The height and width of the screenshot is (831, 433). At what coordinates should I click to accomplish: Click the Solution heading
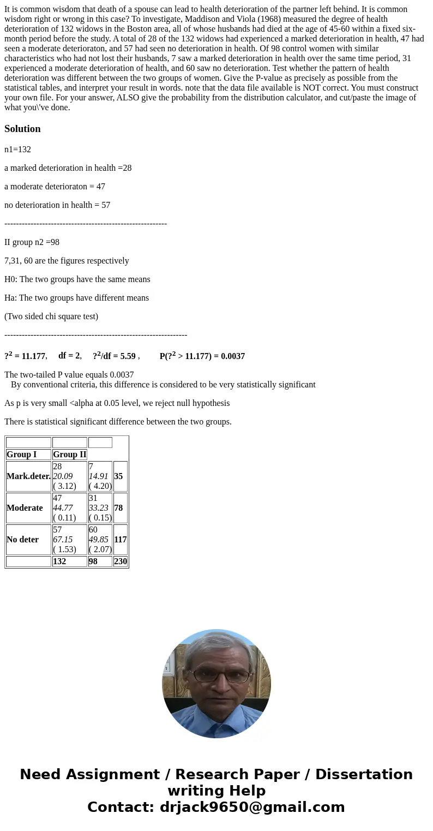click(22, 129)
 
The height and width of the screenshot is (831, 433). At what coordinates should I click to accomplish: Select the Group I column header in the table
click(21, 455)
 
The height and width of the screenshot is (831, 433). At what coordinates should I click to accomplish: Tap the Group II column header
click(69, 455)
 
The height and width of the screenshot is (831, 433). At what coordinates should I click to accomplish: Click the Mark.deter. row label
click(28, 476)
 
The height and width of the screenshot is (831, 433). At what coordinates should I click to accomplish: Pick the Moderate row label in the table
click(25, 508)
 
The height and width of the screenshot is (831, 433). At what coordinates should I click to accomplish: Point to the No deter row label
click(22, 540)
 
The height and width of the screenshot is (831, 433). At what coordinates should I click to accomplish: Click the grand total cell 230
click(120, 561)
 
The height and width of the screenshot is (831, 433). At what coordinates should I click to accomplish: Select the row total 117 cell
click(120, 540)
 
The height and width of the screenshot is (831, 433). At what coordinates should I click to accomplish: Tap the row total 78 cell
click(118, 508)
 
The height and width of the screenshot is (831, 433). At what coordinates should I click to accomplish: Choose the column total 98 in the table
click(93, 561)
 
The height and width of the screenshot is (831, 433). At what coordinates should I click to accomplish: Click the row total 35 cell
click(118, 476)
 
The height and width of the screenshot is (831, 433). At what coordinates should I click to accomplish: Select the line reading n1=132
click(17, 150)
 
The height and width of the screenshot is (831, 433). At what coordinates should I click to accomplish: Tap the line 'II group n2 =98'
click(32, 242)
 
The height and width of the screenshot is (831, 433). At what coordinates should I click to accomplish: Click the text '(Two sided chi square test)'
click(51, 316)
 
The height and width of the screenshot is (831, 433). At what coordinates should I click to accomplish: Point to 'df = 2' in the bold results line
click(69, 356)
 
